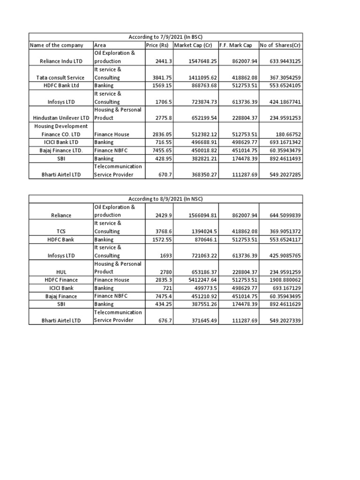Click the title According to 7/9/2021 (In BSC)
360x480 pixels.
(166, 37)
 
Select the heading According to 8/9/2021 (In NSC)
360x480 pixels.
(166, 199)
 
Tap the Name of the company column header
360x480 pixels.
(57, 45)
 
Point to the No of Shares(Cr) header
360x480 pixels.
(281, 45)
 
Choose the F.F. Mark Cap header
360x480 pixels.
(236, 45)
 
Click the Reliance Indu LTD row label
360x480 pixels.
(61, 61)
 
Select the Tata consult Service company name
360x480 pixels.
(61, 77)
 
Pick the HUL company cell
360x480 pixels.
(61, 272)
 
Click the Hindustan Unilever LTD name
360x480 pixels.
(61, 118)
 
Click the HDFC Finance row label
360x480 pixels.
(61, 280)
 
